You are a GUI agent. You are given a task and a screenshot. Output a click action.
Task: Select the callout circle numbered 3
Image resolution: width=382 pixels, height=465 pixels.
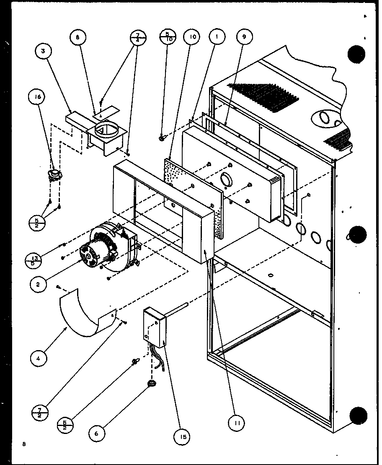[x=44, y=52]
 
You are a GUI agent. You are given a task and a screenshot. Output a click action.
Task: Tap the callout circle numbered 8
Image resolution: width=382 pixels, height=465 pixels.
[x=78, y=37]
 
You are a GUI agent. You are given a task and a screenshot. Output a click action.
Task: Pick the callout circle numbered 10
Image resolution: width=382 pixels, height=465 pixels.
[x=192, y=37]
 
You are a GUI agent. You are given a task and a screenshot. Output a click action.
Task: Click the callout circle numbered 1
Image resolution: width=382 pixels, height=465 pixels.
[x=217, y=37]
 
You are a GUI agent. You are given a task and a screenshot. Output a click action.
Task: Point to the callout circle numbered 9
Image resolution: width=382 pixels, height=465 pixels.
[x=245, y=37]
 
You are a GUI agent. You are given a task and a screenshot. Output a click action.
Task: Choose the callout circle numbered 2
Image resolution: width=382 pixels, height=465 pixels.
[x=38, y=284]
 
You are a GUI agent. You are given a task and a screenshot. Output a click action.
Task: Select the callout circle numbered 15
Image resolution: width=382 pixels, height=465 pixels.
[x=182, y=437]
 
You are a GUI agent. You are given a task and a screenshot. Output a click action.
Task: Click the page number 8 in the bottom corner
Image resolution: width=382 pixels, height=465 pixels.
[x=24, y=444]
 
